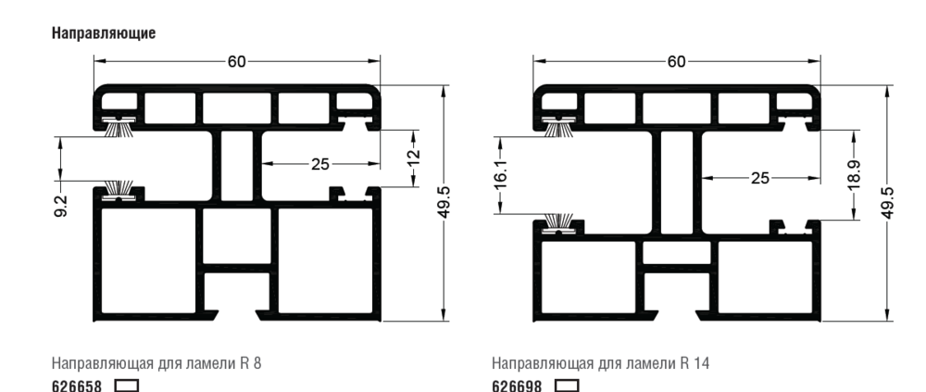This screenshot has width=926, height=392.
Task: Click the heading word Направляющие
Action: (x=102, y=32)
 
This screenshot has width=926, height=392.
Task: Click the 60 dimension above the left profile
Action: (x=237, y=61)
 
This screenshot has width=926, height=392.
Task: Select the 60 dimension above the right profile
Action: (x=676, y=61)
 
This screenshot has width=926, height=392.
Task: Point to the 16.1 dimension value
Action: (x=500, y=174)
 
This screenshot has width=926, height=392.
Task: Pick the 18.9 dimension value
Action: (x=854, y=173)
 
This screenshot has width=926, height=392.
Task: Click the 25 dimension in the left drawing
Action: (x=319, y=164)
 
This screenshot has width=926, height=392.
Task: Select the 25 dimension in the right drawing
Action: (x=759, y=178)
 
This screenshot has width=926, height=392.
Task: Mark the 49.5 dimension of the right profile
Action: (x=886, y=200)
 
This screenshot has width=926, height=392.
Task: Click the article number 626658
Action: (x=76, y=383)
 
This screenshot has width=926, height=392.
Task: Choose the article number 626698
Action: (x=517, y=383)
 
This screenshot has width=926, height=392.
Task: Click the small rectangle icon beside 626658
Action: (x=126, y=383)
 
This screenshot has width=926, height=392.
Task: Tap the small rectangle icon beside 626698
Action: (x=567, y=383)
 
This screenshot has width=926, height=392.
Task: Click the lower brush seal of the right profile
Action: (x=558, y=221)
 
